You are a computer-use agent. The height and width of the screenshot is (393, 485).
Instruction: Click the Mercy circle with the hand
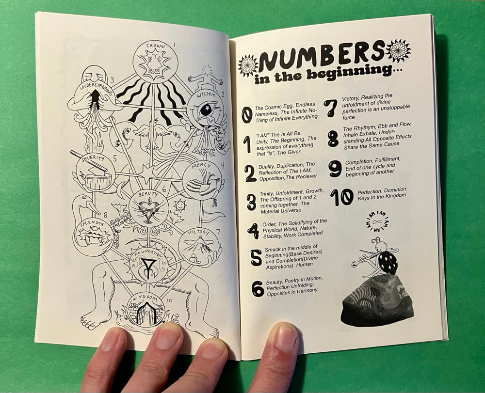click(202, 179)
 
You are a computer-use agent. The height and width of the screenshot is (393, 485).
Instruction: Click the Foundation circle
click(149, 266)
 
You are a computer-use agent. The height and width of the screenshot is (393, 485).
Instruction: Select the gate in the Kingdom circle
click(145, 314)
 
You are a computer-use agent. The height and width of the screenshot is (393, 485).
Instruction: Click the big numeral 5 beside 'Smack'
click(256, 257)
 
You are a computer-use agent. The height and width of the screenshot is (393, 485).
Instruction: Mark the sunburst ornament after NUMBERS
click(399, 49)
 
